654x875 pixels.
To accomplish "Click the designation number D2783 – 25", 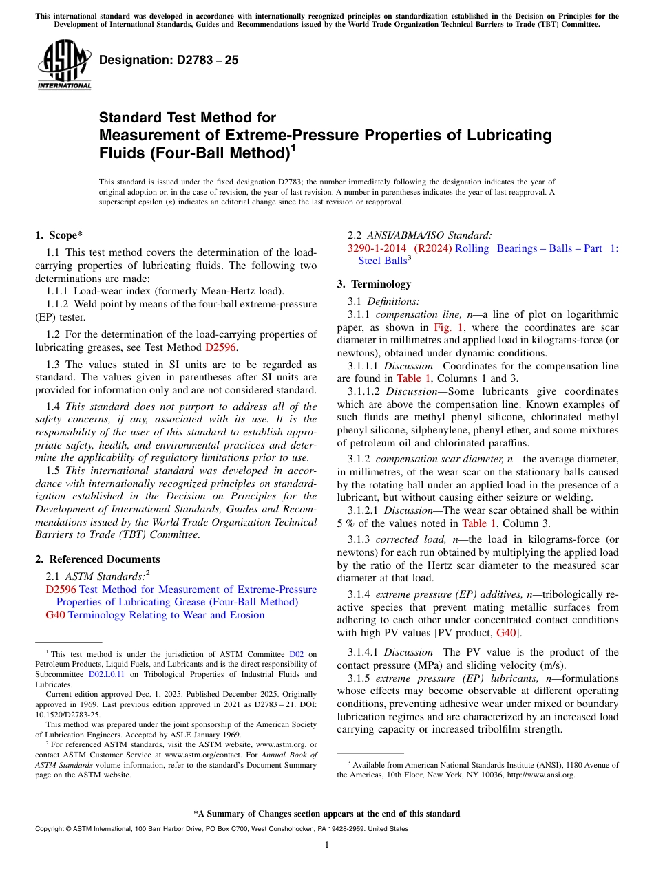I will pyautogui.click(x=169, y=60).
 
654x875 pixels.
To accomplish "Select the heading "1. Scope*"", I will pyautogui.click(x=59, y=235).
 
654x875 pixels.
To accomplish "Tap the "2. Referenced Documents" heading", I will pyautogui.click(x=97, y=559).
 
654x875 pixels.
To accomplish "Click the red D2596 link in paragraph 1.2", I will pyautogui.click(x=220, y=347).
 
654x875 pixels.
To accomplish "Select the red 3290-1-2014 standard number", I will pyautogui.click(x=377, y=248).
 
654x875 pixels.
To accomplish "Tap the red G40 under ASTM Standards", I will pyautogui.click(x=55, y=615).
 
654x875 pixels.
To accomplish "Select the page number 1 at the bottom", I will pyautogui.click(x=327, y=845).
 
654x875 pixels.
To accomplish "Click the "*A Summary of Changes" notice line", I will pyautogui.click(x=326, y=814).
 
